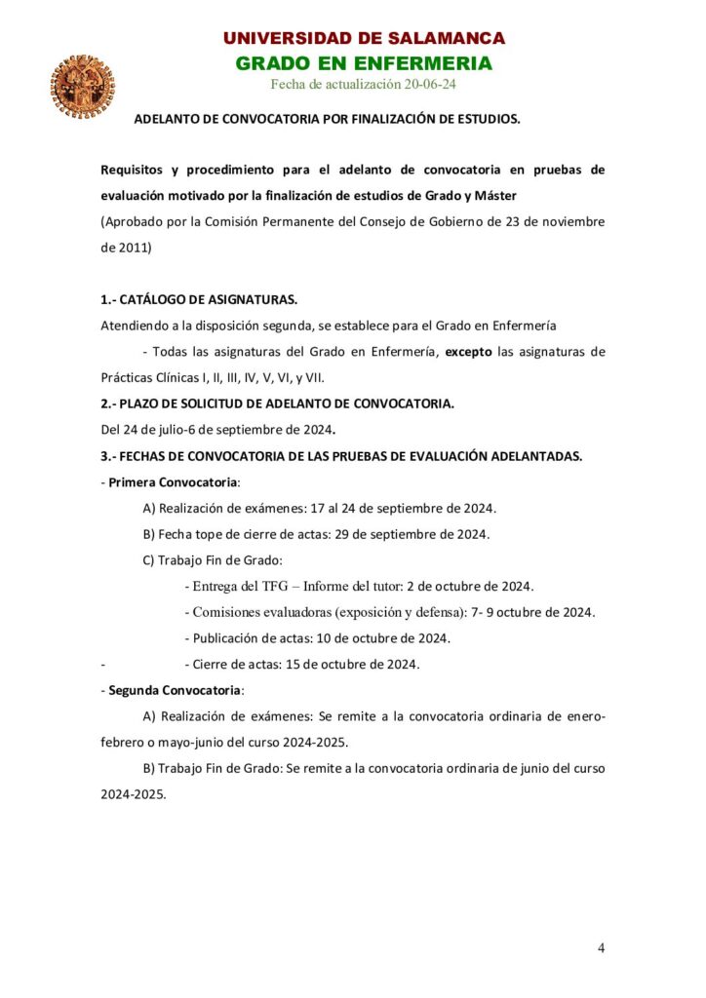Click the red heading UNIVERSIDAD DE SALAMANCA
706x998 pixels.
pyautogui.click(x=364, y=39)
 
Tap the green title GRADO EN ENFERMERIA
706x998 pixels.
pyautogui.click(x=364, y=64)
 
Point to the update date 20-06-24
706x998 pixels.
pyautogui.click(x=424, y=85)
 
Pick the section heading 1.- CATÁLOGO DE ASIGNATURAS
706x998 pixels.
pyautogui.click(x=199, y=299)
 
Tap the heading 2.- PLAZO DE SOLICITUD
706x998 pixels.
pyautogui.click(x=276, y=403)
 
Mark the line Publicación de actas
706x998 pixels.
pyautogui.click(x=317, y=638)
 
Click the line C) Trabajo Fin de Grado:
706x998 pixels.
pyautogui.click(x=213, y=559)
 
